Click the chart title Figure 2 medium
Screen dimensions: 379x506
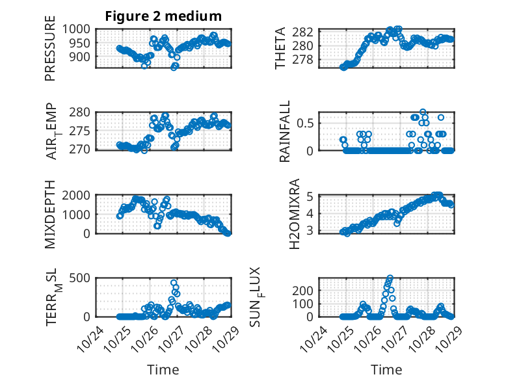[163, 16]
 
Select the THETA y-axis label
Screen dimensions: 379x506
[280, 47]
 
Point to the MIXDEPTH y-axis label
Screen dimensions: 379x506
[50, 214]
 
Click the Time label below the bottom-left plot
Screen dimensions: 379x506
[163, 369]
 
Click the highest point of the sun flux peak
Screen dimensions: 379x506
[390, 278]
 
